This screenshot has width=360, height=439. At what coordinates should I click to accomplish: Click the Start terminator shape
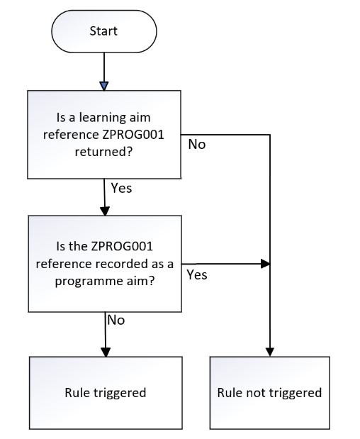[104, 31]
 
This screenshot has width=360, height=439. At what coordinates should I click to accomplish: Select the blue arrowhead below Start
[104, 86]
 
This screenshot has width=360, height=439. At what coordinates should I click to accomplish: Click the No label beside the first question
[196, 145]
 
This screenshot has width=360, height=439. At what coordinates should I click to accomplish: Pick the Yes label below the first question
[122, 189]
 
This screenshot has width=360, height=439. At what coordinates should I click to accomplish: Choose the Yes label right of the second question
[196, 274]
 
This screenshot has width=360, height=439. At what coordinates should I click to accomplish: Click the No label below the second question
[116, 320]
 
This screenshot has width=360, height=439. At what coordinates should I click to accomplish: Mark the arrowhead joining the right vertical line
[266, 263]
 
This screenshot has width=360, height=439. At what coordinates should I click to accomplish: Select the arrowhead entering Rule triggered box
[105, 352]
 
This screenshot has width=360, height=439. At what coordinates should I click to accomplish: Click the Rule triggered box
[105, 392]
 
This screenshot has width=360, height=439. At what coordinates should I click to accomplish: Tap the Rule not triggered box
[269, 392]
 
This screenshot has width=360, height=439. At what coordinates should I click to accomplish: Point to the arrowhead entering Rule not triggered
[270, 352]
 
